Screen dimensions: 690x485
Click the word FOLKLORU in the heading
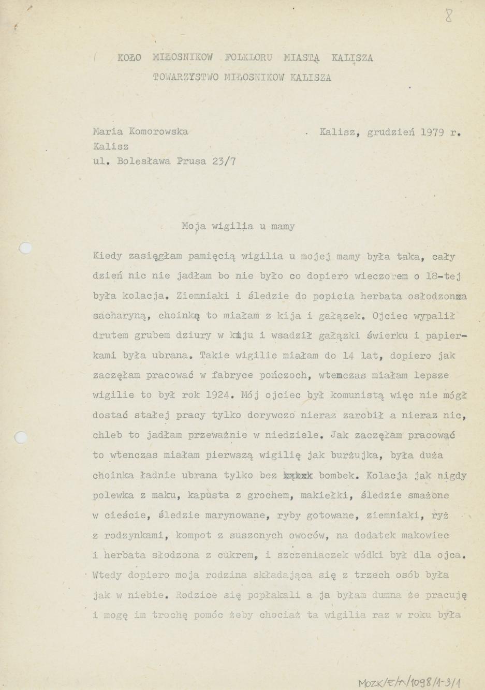pos(248,57)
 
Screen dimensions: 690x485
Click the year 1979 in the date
pos(432,132)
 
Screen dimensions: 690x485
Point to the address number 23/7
pos(224,160)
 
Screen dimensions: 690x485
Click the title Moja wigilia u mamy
pos(238,226)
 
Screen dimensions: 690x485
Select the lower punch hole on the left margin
pos(21,437)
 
